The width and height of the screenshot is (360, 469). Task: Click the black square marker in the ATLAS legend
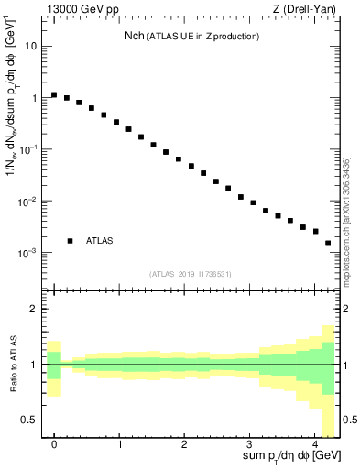pyautogui.click(x=71, y=241)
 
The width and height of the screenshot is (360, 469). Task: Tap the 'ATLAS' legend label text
pyautogui.click(x=100, y=241)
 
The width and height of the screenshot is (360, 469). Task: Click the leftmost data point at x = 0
pyautogui.click(x=54, y=94)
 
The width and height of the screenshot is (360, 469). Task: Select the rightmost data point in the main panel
pyautogui.click(x=328, y=243)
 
